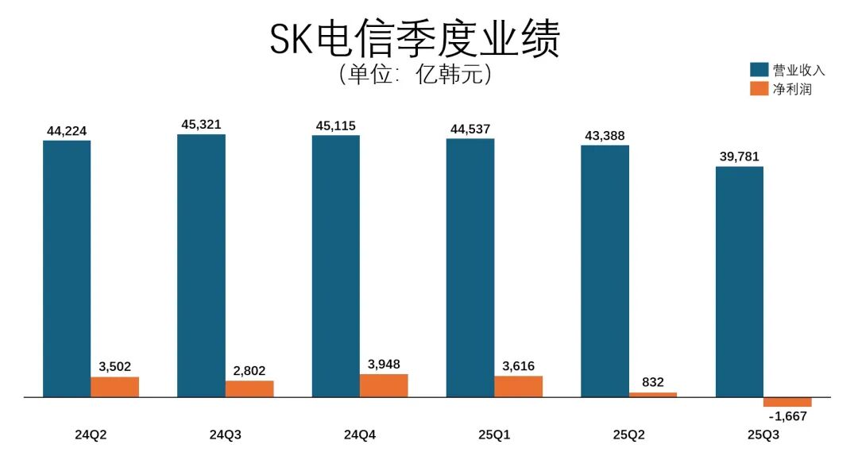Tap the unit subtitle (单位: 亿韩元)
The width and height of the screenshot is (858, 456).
coord(415,74)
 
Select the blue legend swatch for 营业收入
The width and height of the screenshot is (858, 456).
coord(759,69)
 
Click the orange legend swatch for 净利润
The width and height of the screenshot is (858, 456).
coord(759,88)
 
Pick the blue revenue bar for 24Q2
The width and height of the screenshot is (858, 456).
coord(67,268)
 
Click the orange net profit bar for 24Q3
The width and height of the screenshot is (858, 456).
coord(249,388)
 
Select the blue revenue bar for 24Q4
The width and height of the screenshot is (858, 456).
coord(336,265)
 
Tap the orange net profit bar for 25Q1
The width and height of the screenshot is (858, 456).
coord(519,386)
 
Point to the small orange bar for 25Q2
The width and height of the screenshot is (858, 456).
coord(653,394)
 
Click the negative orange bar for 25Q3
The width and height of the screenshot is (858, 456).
coord(787,401)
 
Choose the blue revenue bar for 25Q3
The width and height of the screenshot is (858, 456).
coord(740,281)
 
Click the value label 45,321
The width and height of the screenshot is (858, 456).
coord(201,124)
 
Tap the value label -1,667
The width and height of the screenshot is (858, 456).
coord(788,415)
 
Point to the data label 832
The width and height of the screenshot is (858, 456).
coord(652,381)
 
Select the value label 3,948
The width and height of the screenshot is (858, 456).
coord(384,364)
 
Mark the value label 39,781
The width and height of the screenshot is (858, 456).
coord(740,157)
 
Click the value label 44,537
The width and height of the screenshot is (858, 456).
coord(470,128)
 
